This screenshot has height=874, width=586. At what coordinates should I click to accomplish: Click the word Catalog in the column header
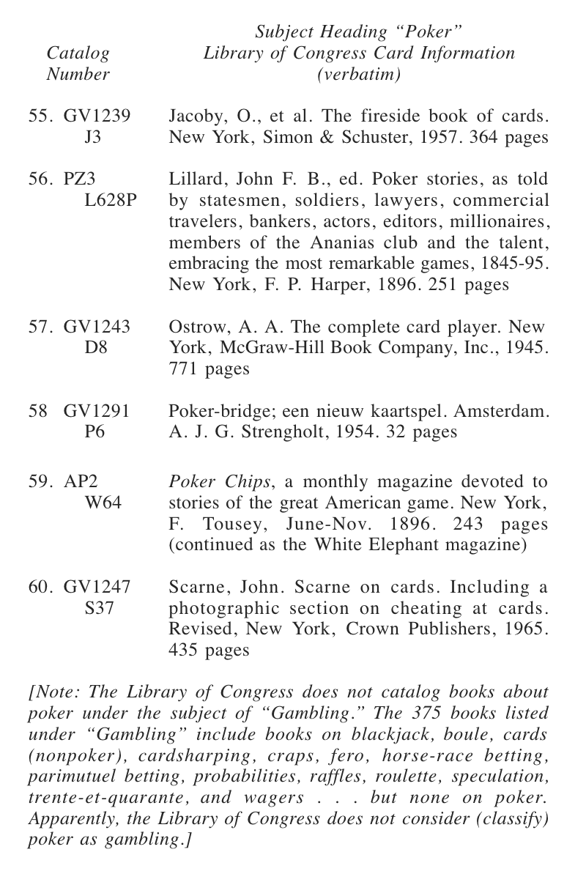point(78,53)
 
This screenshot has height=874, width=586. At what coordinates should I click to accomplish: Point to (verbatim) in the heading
point(359,75)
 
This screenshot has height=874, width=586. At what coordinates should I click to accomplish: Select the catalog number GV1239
point(97,116)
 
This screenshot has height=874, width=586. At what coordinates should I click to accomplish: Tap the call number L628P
point(111,200)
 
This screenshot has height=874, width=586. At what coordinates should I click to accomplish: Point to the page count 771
point(184,369)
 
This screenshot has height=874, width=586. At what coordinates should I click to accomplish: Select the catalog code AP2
point(81,482)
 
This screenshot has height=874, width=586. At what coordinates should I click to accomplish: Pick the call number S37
point(99,607)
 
